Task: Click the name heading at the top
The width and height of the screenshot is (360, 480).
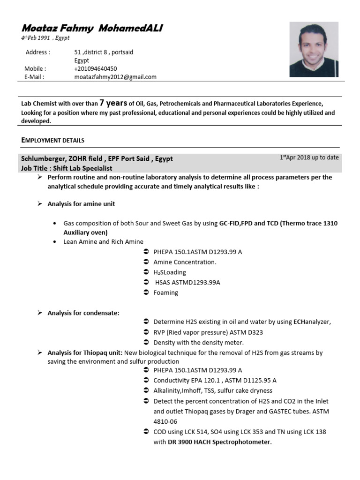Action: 92,29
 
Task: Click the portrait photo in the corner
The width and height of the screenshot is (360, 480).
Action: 314,50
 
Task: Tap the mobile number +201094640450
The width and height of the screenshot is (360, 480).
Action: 96,69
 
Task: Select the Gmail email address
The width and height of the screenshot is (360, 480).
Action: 115,77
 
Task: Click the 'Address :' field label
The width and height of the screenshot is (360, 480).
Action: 37,52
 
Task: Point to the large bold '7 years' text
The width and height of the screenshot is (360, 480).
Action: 113,103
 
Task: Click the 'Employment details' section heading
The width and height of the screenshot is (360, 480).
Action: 53,140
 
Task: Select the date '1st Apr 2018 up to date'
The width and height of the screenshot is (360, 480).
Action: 309,157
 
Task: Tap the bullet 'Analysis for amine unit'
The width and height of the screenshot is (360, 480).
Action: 81,204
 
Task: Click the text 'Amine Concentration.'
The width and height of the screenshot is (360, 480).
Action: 185,262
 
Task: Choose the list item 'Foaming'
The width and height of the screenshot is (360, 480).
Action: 166,292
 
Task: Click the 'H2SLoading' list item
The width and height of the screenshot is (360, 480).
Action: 170,272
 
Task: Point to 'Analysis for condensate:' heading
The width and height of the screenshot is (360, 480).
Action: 83,313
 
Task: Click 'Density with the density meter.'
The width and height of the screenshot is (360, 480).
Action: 199,342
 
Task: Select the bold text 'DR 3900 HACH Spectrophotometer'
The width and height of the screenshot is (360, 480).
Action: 219,442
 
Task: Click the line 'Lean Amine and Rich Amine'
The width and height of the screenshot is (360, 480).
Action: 103,242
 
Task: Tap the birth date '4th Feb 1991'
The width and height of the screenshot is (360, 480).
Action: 38,38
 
